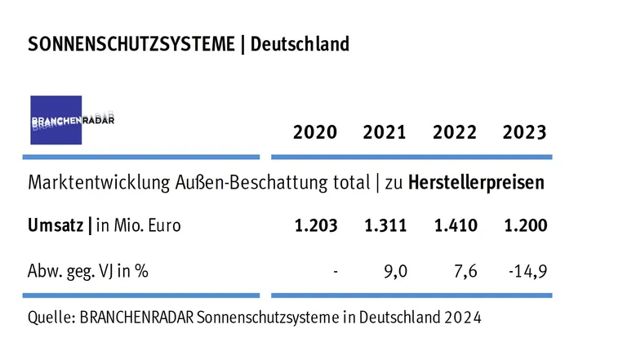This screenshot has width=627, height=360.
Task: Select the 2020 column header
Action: [314, 131]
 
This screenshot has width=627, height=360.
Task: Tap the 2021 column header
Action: [385, 131]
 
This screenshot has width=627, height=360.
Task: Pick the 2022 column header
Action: [455, 131]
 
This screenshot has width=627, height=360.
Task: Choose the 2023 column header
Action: [525, 131]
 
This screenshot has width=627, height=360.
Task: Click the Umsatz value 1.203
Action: [315, 226]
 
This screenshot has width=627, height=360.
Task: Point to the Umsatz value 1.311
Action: [385, 226]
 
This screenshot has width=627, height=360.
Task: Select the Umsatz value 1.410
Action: [456, 226]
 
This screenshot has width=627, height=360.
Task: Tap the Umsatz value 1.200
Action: [525, 226]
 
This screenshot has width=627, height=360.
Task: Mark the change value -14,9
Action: [527, 270]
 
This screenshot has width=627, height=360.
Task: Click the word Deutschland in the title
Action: [300, 44]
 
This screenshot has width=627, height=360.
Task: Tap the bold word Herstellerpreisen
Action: [476, 182]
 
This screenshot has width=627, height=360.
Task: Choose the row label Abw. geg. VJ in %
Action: [88, 270]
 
